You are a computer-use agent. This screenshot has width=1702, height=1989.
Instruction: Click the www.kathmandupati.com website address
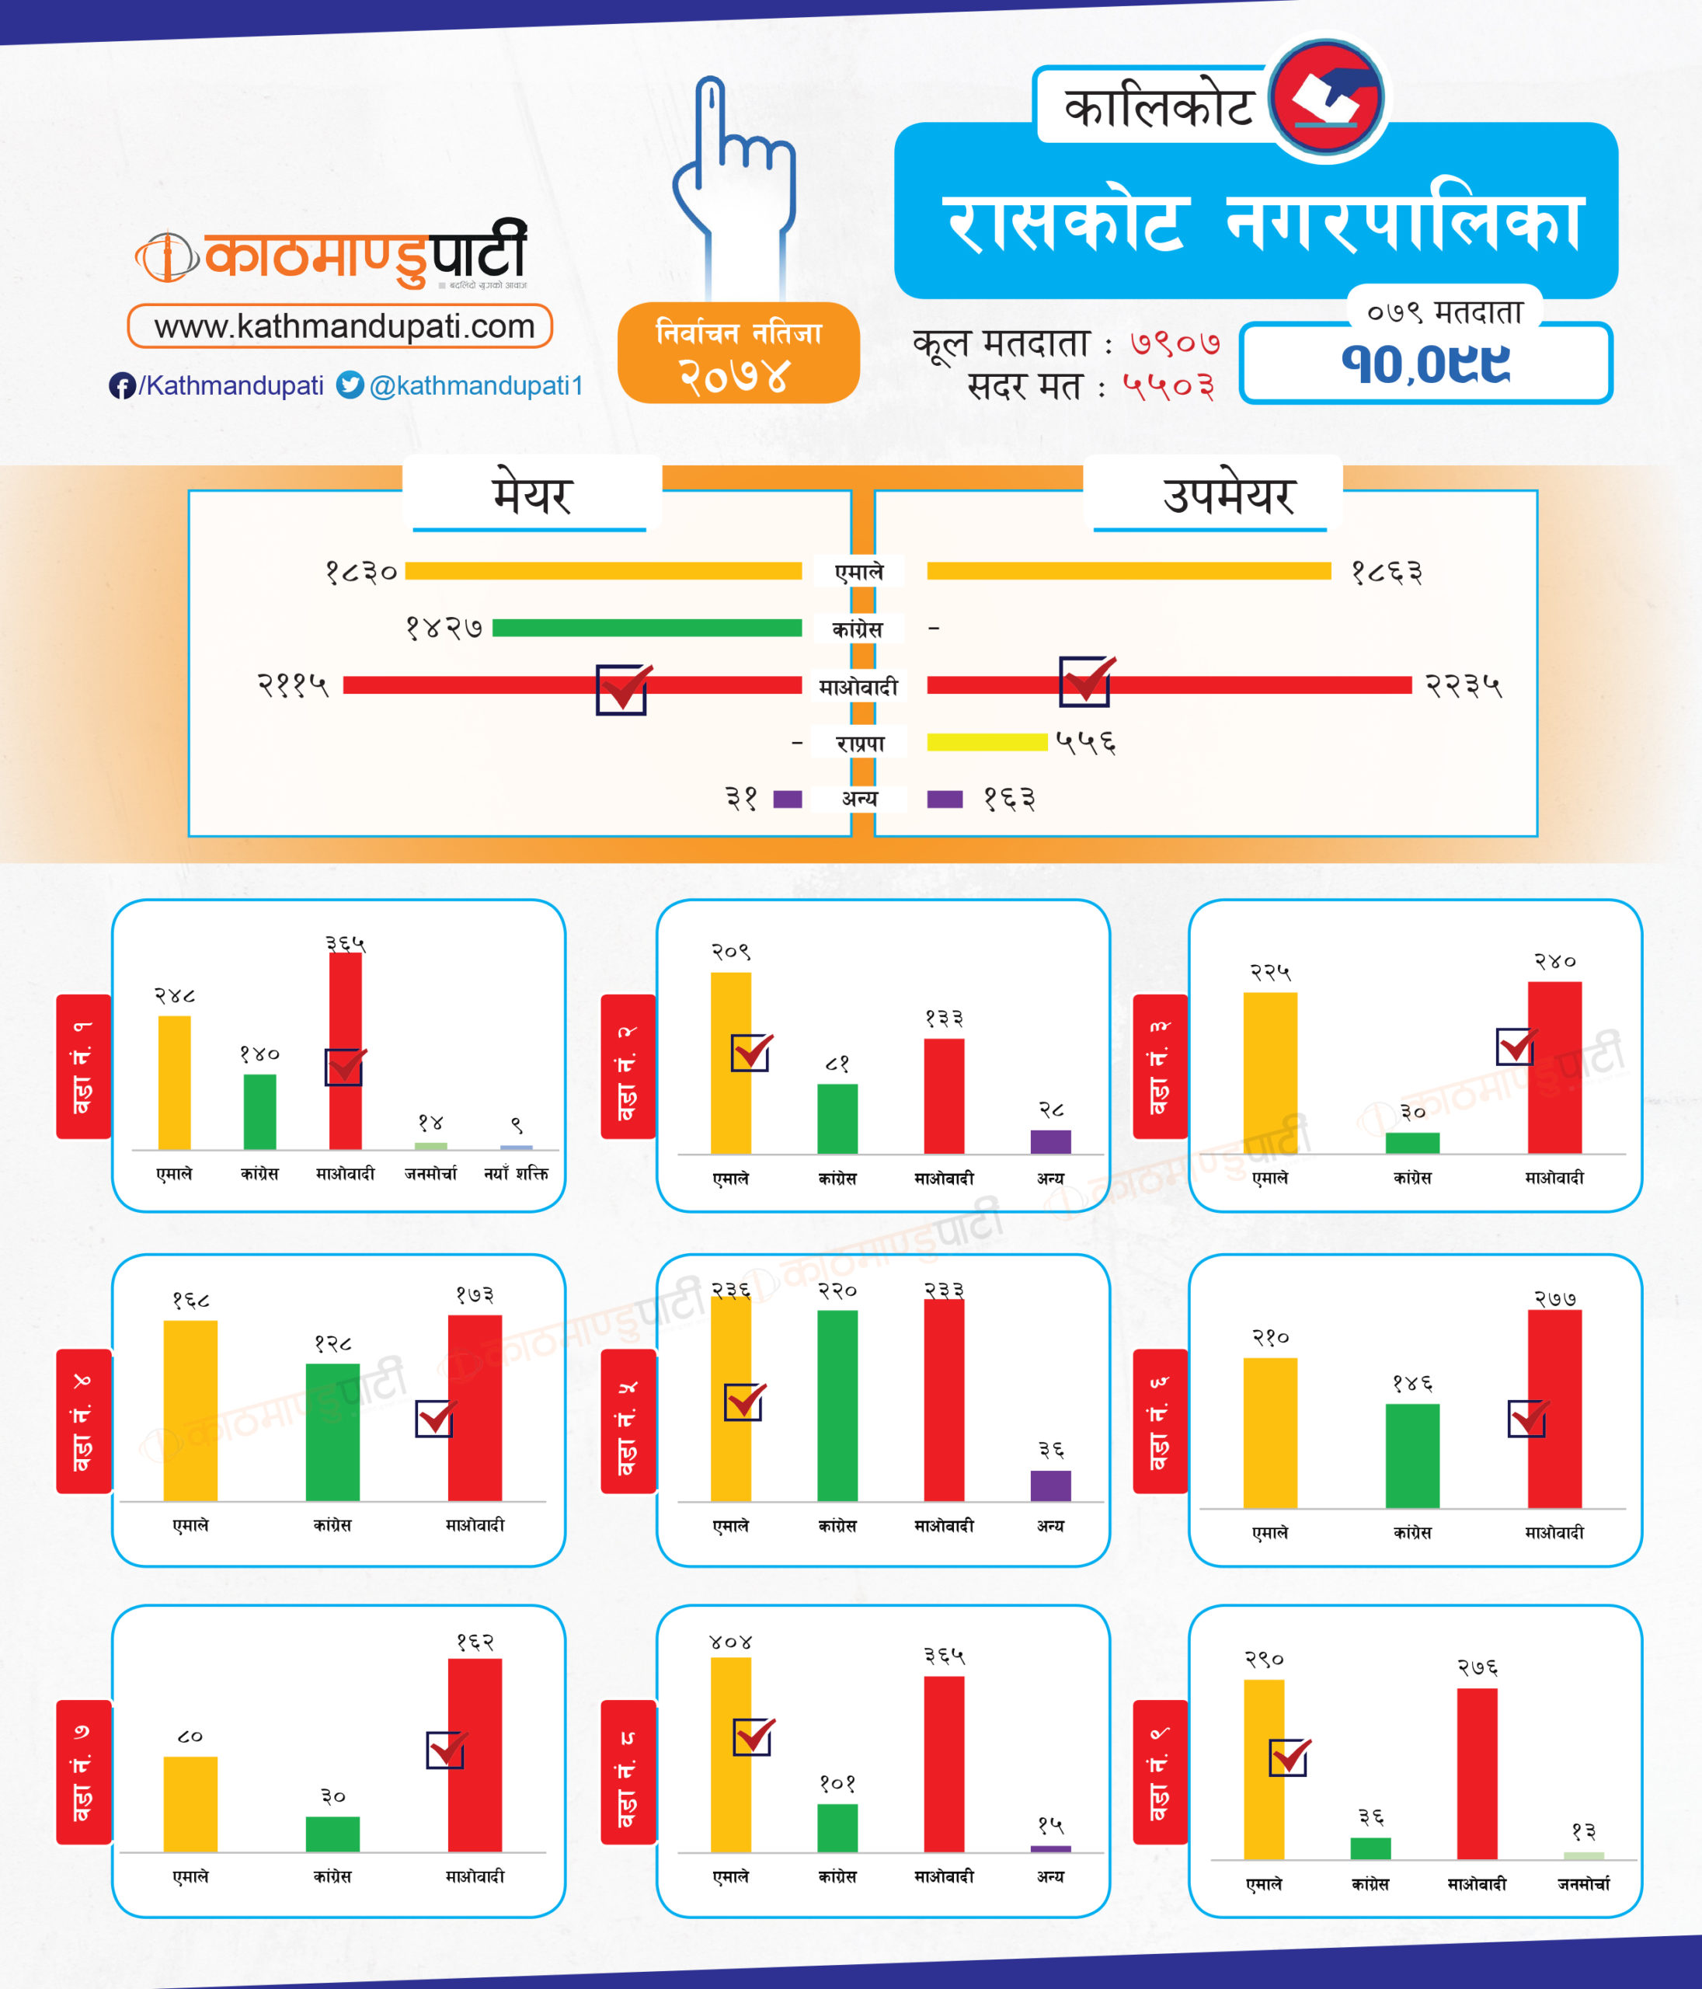pos(343,326)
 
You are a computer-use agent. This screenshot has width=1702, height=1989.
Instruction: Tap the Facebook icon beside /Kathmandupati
pos(122,386)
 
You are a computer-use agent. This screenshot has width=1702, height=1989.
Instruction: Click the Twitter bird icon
pos(350,385)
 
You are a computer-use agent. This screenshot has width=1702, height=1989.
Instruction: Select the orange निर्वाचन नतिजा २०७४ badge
pos(738,352)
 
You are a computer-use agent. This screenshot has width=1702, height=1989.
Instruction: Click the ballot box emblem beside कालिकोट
pos(1327,98)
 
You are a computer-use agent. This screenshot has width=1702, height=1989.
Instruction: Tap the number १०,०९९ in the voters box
pos(1425,364)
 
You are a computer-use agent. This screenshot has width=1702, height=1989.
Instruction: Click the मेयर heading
pos(532,496)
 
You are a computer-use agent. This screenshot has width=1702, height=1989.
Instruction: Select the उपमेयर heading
pos(1228,496)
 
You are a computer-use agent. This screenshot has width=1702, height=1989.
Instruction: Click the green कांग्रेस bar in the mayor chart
pos(647,628)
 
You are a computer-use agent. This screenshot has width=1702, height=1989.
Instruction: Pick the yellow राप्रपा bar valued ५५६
pos(987,742)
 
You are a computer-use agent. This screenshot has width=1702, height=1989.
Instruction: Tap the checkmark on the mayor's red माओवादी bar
pos(622,688)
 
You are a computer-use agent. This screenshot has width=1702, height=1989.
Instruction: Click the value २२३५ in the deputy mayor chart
pos(1463,685)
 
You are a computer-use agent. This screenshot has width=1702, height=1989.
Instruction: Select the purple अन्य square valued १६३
pos(945,799)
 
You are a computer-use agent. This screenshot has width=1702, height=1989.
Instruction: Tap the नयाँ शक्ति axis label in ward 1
pos(517,1173)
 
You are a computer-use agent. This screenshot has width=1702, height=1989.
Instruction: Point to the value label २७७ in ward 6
pos(1555,1300)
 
